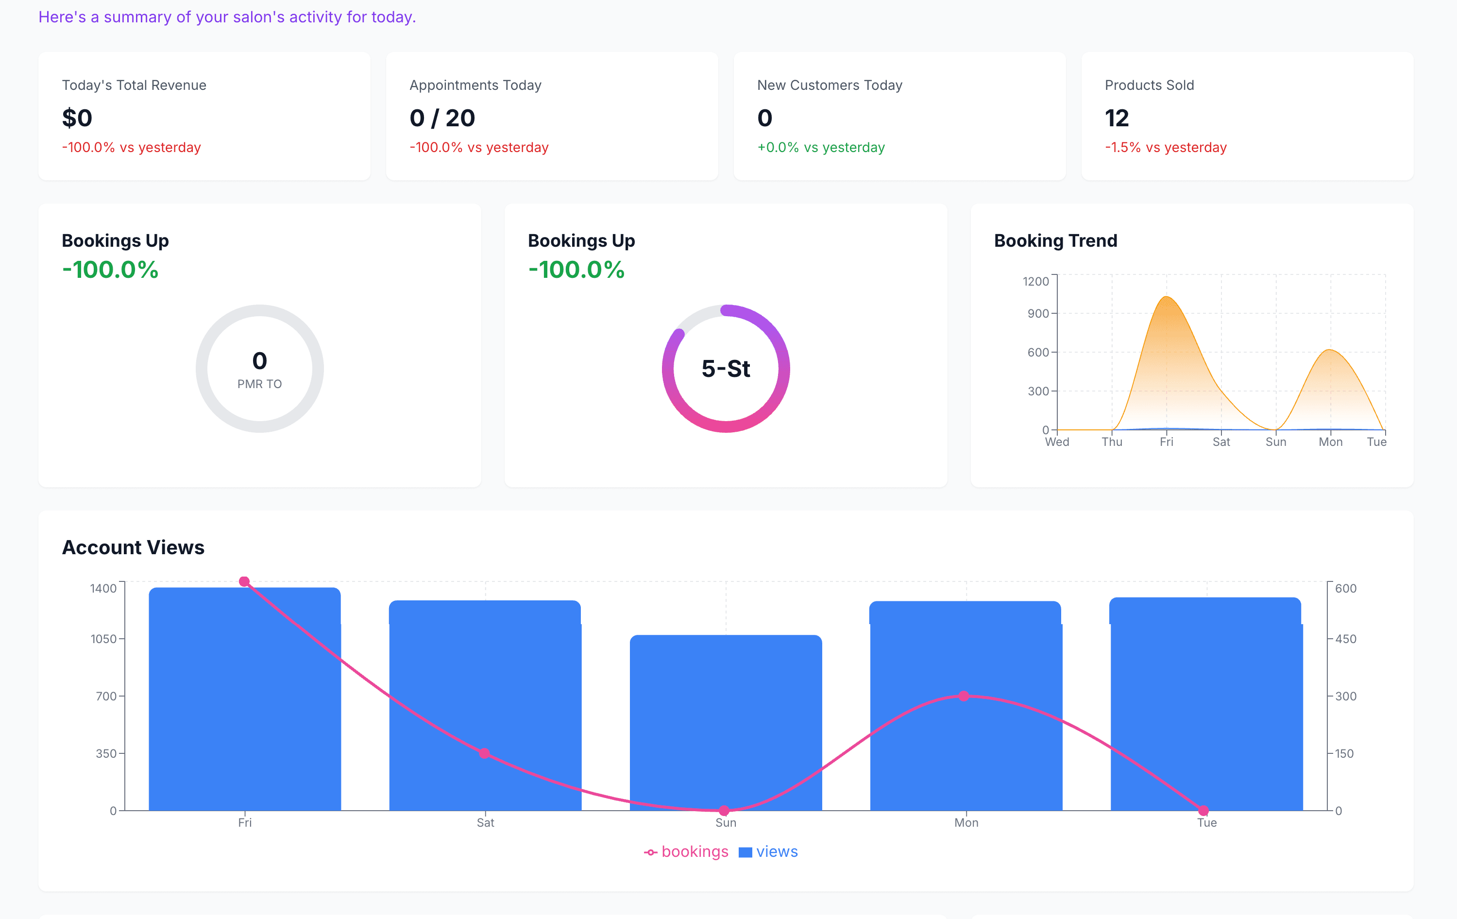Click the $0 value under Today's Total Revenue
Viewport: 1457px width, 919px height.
click(77, 118)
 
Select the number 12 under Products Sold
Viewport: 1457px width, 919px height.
click(1117, 118)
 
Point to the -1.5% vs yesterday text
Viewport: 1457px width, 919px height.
click(1166, 147)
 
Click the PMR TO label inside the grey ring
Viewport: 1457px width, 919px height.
click(259, 384)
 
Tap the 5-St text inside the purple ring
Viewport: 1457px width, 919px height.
click(726, 369)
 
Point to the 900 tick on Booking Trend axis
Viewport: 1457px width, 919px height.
click(1038, 313)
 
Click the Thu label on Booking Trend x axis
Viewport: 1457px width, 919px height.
click(1112, 442)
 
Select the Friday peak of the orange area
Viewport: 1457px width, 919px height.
click(1167, 298)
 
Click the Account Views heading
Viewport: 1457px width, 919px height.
click(133, 547)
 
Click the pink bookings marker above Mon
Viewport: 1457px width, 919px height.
click(964, 696)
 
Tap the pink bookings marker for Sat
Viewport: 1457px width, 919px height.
click(484, 753)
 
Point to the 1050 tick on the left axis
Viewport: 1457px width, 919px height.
click(103, 639)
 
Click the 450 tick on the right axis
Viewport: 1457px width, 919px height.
click(1345, 639)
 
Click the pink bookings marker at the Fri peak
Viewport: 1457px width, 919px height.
click(244, 581)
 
